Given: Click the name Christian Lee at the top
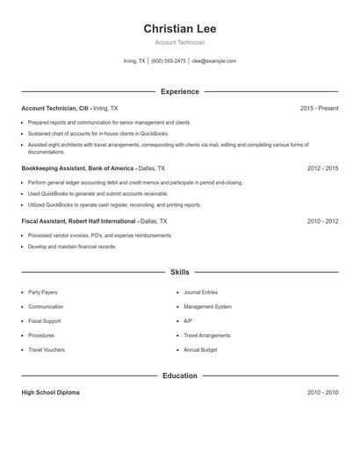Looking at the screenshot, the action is click(180, 28).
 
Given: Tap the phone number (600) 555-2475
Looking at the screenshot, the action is click(169, 61).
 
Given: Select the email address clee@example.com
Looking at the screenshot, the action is click(214, 61).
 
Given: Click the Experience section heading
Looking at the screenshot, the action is click(180, 91).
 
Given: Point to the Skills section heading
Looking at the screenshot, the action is click(180, 273).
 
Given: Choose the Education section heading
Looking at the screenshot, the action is click(180, 376).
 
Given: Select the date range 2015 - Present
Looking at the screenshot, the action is click(319, 108).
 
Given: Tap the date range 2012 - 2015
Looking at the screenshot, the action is click(322, 168).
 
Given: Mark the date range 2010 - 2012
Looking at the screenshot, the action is click(322, 221).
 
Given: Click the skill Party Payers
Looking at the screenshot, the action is click(44, 292).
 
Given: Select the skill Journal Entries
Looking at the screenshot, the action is click(200, 292).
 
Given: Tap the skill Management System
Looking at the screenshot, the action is click(207, 307).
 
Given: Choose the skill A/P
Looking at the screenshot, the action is click(188, 321).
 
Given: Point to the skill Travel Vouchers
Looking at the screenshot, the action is click(47, 350).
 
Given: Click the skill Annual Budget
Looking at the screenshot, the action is click(200, 350).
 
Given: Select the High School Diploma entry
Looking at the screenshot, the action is click(50, 392).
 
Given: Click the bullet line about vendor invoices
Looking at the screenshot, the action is click(100, 235).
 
